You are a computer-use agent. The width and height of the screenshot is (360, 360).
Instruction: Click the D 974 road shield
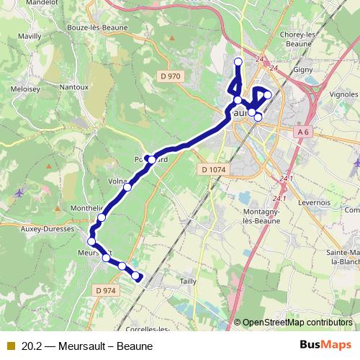pos(105,290)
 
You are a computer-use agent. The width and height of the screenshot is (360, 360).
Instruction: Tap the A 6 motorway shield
pos(303,132)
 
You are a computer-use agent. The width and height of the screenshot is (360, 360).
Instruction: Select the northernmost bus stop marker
pos(238,60)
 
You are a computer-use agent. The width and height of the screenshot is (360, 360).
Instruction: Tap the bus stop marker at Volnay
pos(127,187)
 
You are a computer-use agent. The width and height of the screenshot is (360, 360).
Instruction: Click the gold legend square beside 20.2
pos(10,345)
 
